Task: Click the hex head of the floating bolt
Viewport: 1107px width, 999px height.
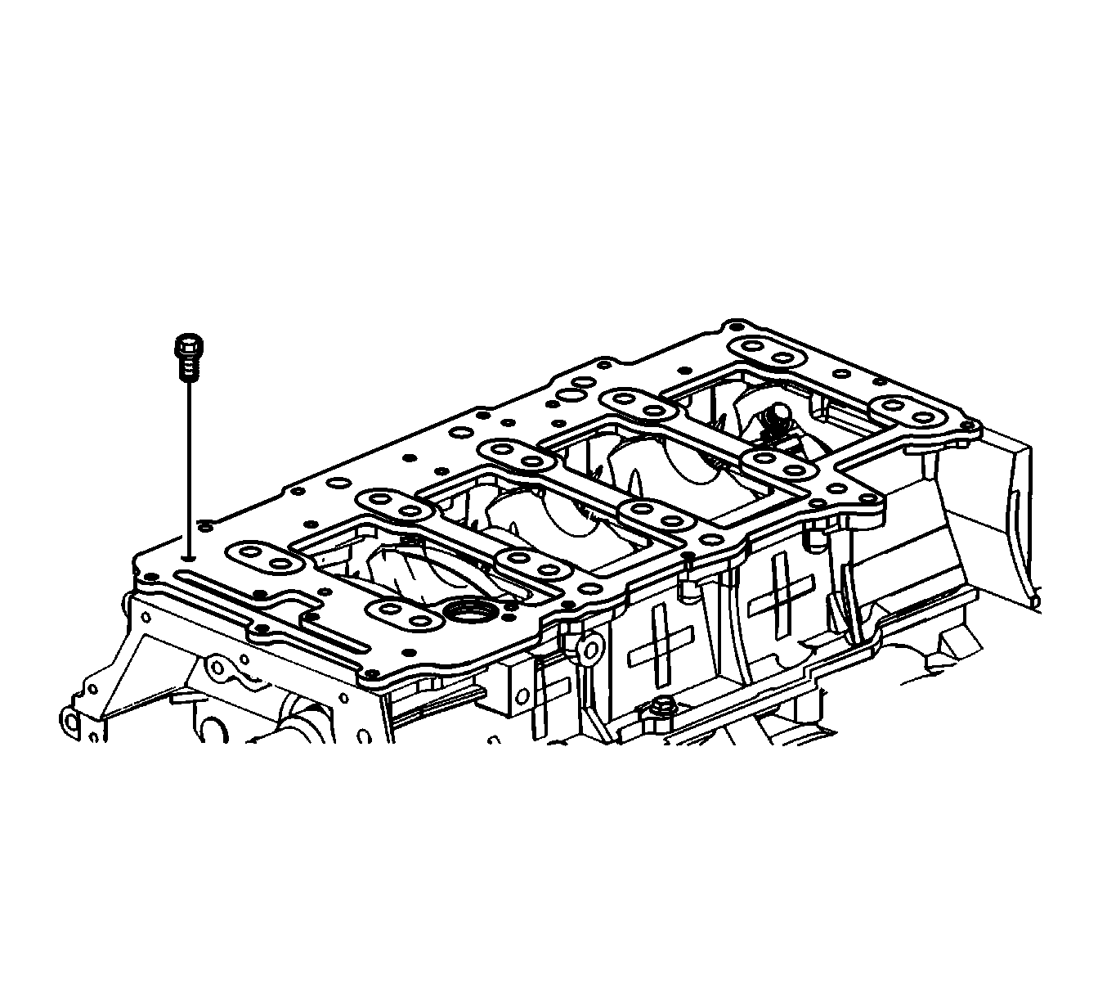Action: click(x=186, y=344)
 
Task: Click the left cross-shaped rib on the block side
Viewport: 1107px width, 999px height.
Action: click(x=659, y=644)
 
